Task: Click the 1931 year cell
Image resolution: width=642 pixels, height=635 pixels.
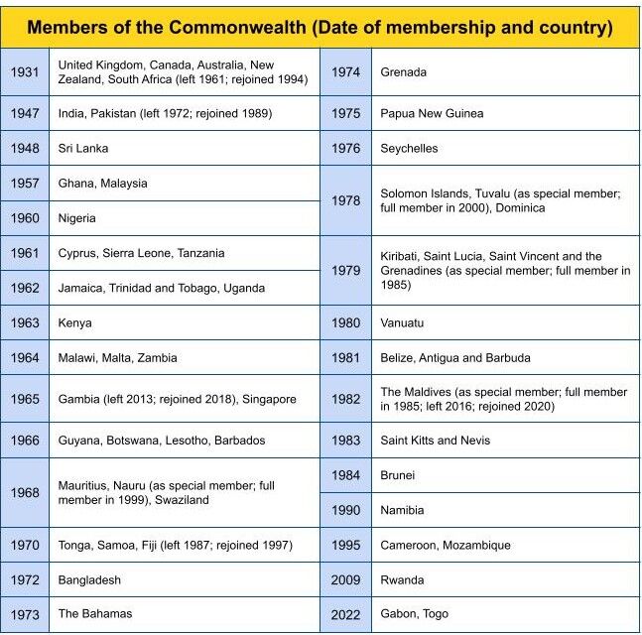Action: (25, 71)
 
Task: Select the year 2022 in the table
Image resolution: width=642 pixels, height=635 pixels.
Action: (345, 614)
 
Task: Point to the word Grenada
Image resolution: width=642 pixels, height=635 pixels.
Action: (404, 72)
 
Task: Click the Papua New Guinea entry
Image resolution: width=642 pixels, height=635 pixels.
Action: (432, 113)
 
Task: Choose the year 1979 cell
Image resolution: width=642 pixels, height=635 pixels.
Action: (345, 270)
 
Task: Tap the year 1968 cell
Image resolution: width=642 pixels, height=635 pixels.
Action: (25, 493)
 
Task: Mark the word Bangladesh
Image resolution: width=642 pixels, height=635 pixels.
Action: (89, 579)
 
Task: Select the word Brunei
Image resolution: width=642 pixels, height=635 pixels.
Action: (398, 475)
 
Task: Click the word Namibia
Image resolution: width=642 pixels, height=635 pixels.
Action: (402, 510)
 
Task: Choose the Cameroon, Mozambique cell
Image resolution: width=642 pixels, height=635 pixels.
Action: (446, 545)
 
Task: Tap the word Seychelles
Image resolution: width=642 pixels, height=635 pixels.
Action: (409, 148)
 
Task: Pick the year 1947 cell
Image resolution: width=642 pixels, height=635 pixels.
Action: (25, 113)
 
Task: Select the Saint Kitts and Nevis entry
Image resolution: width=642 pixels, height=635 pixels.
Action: (436, 440)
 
